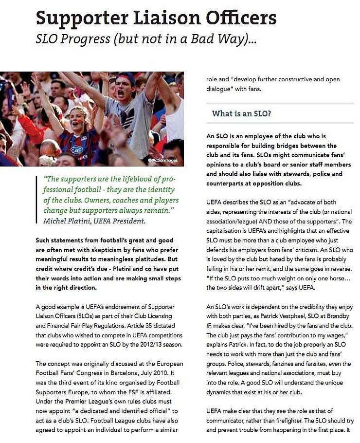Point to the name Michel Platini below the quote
72,221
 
